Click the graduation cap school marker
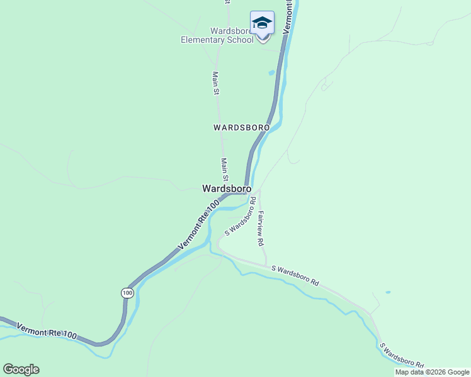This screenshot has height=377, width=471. pos(262,23)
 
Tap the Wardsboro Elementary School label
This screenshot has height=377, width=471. pos(217,35)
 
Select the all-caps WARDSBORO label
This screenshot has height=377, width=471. pos(241,127)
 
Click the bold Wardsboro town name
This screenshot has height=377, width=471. pos(227,188)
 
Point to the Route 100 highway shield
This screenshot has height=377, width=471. pos(128,293)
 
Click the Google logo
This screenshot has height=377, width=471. pos(21,369)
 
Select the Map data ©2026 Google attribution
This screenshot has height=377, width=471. pos(432,372)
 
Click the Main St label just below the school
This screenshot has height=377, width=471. pos(216,83)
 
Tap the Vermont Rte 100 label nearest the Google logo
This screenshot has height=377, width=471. pos(47,331)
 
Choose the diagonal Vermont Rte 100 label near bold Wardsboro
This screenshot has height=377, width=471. pos(198,224)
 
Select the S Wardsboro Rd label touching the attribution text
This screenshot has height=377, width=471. pos(401,355)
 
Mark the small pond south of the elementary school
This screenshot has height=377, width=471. pos(272,73)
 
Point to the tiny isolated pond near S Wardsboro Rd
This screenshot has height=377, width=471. pos(387,292)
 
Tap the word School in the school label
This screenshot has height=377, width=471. pos(241,40)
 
